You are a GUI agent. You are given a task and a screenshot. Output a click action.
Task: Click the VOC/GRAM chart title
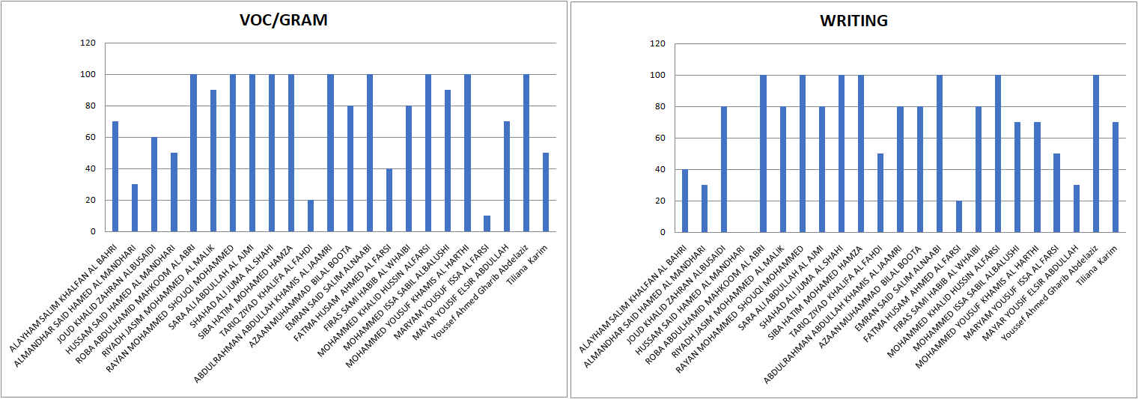(x=283, y=21)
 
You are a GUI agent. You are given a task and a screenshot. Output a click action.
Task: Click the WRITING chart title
(x=854, y=21)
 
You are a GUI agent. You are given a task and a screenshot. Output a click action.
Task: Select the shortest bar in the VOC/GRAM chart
(x=487, y=224)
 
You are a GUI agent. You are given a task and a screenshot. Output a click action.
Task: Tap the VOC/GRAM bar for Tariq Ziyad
(x=311, y=216)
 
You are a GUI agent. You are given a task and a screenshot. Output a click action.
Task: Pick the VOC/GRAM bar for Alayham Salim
(x=115, y=177)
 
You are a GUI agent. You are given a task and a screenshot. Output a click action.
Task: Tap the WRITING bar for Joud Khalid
(x=724, y=169)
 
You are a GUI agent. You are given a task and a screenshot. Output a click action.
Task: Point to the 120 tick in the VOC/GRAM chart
(x=88, y=43)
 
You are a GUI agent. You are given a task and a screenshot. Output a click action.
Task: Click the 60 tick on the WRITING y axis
(x=659, y=138)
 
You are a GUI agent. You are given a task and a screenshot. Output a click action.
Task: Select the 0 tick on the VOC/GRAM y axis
(x=93, y=232)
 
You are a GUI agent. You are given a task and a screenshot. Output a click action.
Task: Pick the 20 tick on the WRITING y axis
(x=659, y=201)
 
